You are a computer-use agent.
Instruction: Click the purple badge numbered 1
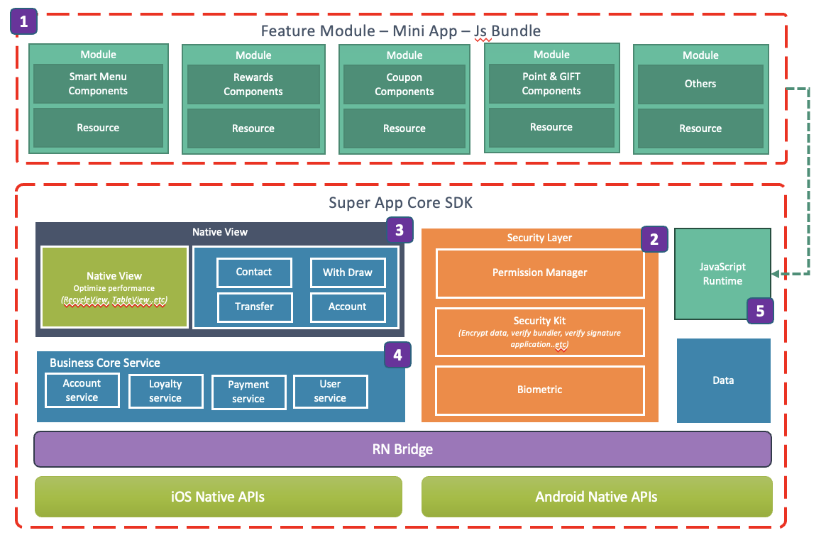(x=24, y=22)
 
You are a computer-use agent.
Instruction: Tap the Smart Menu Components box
(x=98, y=84)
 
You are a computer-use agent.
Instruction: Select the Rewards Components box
(x=253, y=84)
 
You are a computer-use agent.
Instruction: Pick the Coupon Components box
(x=404, y=84)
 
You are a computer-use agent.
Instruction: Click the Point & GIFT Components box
(x=551, y=84)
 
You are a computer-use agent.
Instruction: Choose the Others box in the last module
(x=700, y=84)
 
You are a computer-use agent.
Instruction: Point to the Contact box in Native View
(x=254, y=272)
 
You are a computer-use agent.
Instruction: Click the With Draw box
(x=348, y=272)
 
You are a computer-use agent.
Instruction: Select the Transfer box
(x=254, y=307)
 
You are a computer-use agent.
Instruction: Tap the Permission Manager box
(x=540, y=273)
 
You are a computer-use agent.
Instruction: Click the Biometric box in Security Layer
(x=540, y=390)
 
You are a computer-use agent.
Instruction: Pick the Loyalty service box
(x=165, y=391)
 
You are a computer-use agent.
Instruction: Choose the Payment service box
(x=248, y=392)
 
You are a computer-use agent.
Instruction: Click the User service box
(x=330, y=391)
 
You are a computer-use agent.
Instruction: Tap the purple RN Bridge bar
(x=402, y=449)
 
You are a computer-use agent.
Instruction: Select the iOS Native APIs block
(x=219, y=496)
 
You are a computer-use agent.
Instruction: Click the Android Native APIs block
(x=596, y=496)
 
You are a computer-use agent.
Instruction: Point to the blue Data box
(x=723, y=380)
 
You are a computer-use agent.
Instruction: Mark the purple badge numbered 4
(x=397, y=355)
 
